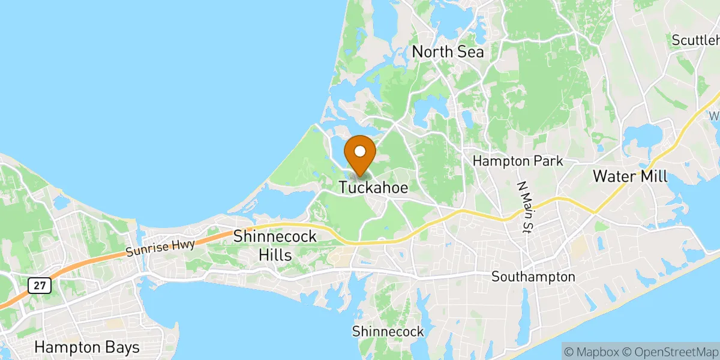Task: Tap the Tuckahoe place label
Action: click(373, 188)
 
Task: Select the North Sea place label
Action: click(448, 52)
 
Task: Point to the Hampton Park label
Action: click(518, 161)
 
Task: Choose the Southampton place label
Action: click(533, 277)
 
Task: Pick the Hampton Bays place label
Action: click(87, 347)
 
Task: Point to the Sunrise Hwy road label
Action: click(160, 246)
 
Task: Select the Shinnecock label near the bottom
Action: click(388, 331)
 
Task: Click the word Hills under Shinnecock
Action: click(275, 255)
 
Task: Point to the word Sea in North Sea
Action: click(470, 52)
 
